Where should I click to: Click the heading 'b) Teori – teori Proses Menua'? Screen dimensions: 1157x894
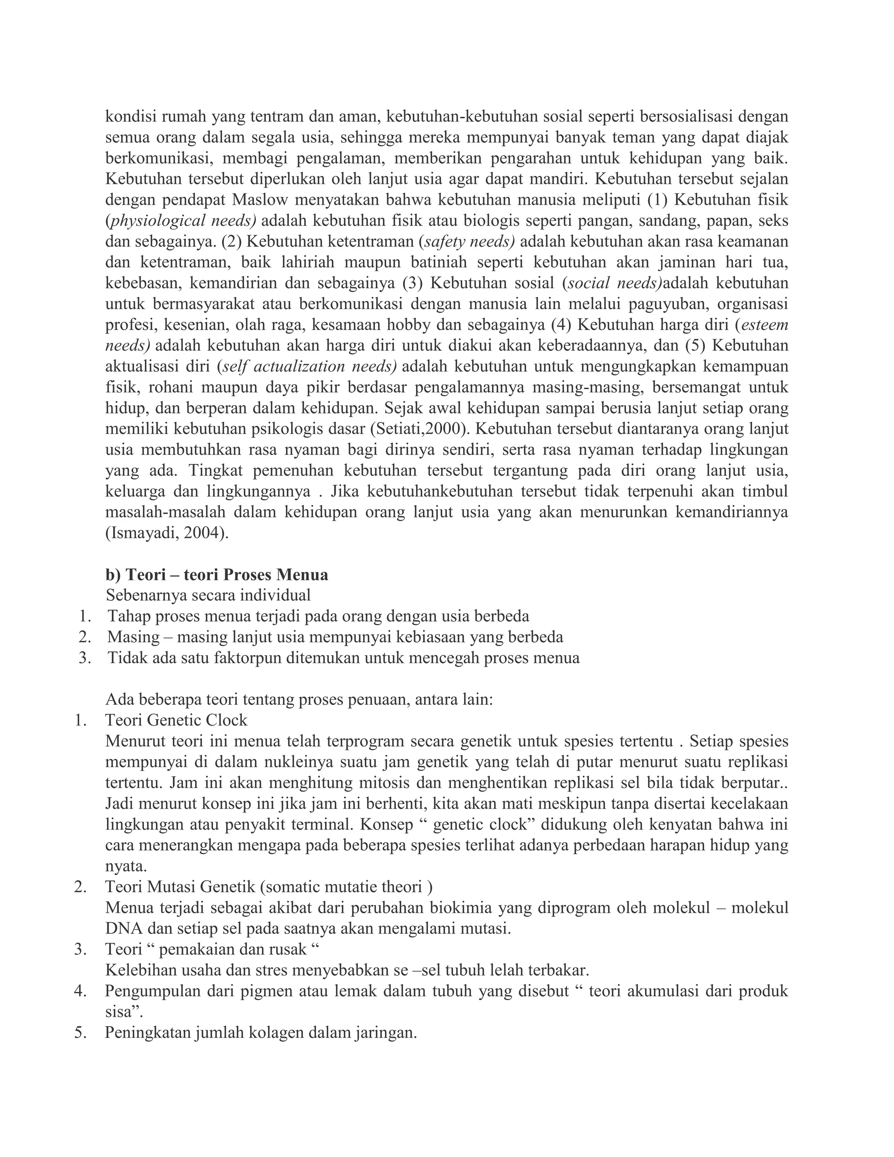217,575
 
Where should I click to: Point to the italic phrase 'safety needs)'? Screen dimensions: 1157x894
469,241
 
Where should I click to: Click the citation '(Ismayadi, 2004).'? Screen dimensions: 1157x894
167,534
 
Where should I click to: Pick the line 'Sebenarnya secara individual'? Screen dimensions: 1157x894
208,596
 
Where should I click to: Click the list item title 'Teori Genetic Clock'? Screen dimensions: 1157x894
176,720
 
